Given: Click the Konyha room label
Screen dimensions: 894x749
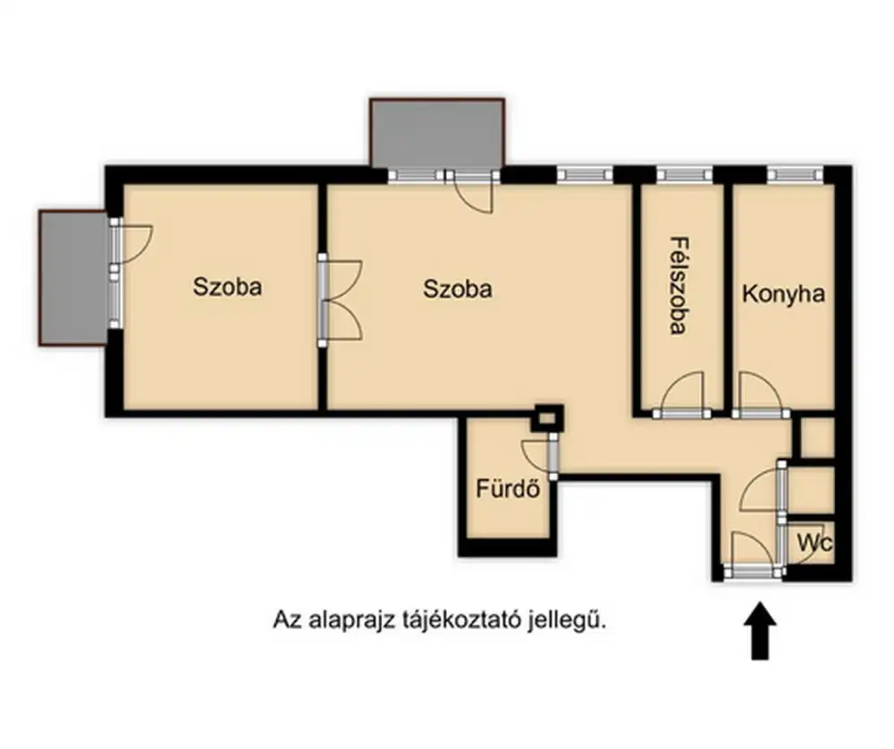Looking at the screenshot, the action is click(x=783, y=294).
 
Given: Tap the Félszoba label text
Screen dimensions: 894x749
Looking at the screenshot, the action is click(x=679, y=286).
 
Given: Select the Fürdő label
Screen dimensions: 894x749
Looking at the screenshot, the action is click(x=508, y=489).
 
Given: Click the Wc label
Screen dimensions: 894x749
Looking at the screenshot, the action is click(x=814, y=543).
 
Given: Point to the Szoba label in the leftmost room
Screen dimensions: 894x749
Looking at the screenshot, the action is click(x=227, y=286).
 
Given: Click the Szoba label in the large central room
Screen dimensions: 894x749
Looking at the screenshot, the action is click(x=457, y=289).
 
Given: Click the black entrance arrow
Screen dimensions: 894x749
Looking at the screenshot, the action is click(x=760, y=630).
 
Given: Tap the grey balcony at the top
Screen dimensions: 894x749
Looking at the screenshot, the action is click(x=437, y=133).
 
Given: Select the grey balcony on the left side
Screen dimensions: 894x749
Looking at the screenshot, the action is click(x=72, y=278).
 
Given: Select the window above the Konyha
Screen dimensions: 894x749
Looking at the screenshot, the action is click(x=795, y=174).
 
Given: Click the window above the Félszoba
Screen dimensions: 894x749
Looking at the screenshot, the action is click(x=684, y=174).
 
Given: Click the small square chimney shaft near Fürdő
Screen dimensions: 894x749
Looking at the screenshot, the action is click(x=547, y=419).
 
